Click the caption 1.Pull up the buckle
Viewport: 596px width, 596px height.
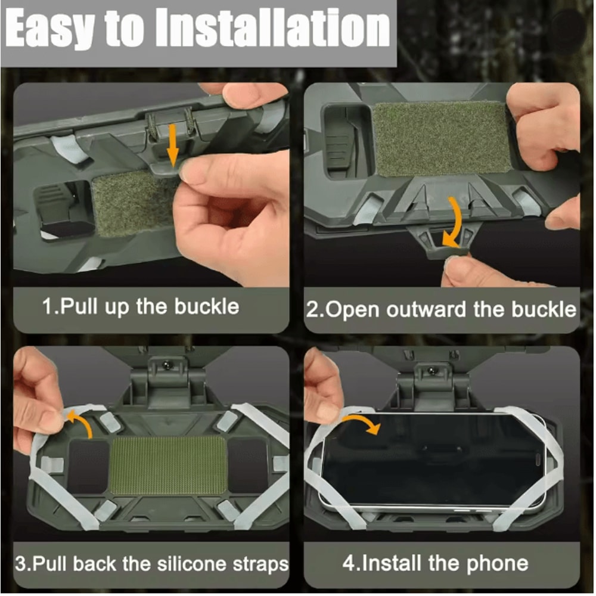click(x=141, y=307)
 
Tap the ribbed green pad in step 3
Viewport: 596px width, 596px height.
click(x=168, y=465)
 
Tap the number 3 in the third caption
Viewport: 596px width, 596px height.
click(x=19, y=564)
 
